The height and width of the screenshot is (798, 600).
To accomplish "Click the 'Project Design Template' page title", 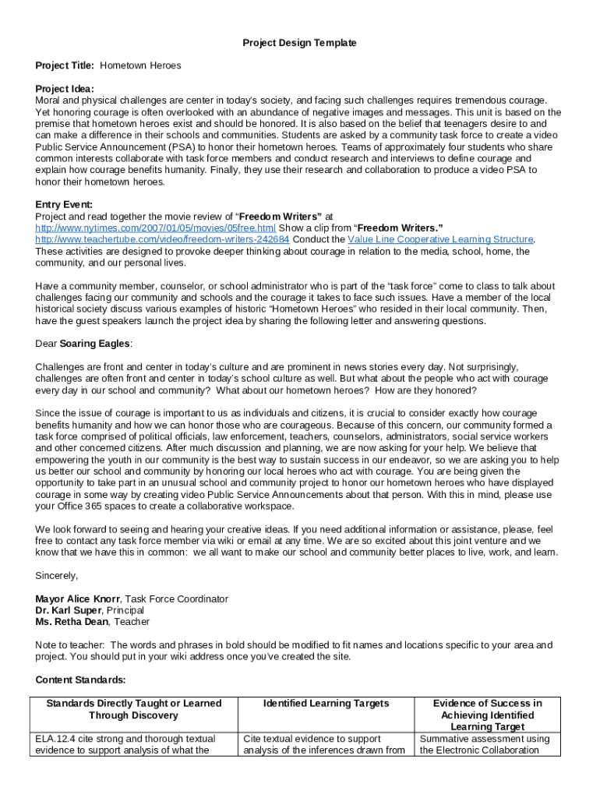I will (x=299, y=43).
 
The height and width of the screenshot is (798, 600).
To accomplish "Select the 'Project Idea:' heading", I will (x=65, y=89).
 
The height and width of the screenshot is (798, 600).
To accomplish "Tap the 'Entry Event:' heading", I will (x=64, y=204).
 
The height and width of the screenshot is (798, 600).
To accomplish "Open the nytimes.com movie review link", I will (x=155, y=228).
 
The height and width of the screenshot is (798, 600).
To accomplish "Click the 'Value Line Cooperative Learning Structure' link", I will (x=440, y=239).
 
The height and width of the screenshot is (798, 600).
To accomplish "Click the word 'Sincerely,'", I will (x=57, y=575).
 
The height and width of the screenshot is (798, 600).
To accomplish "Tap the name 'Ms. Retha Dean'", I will (x=70, y=622).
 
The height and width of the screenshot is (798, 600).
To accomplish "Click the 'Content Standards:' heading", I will (x=80, y=680).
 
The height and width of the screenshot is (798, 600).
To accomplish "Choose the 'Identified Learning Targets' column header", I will (x=326, y=704).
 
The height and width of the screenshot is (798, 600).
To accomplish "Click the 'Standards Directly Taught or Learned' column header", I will (x=133, y=704).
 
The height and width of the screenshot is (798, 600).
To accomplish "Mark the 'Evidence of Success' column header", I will (x=487, y=704).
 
